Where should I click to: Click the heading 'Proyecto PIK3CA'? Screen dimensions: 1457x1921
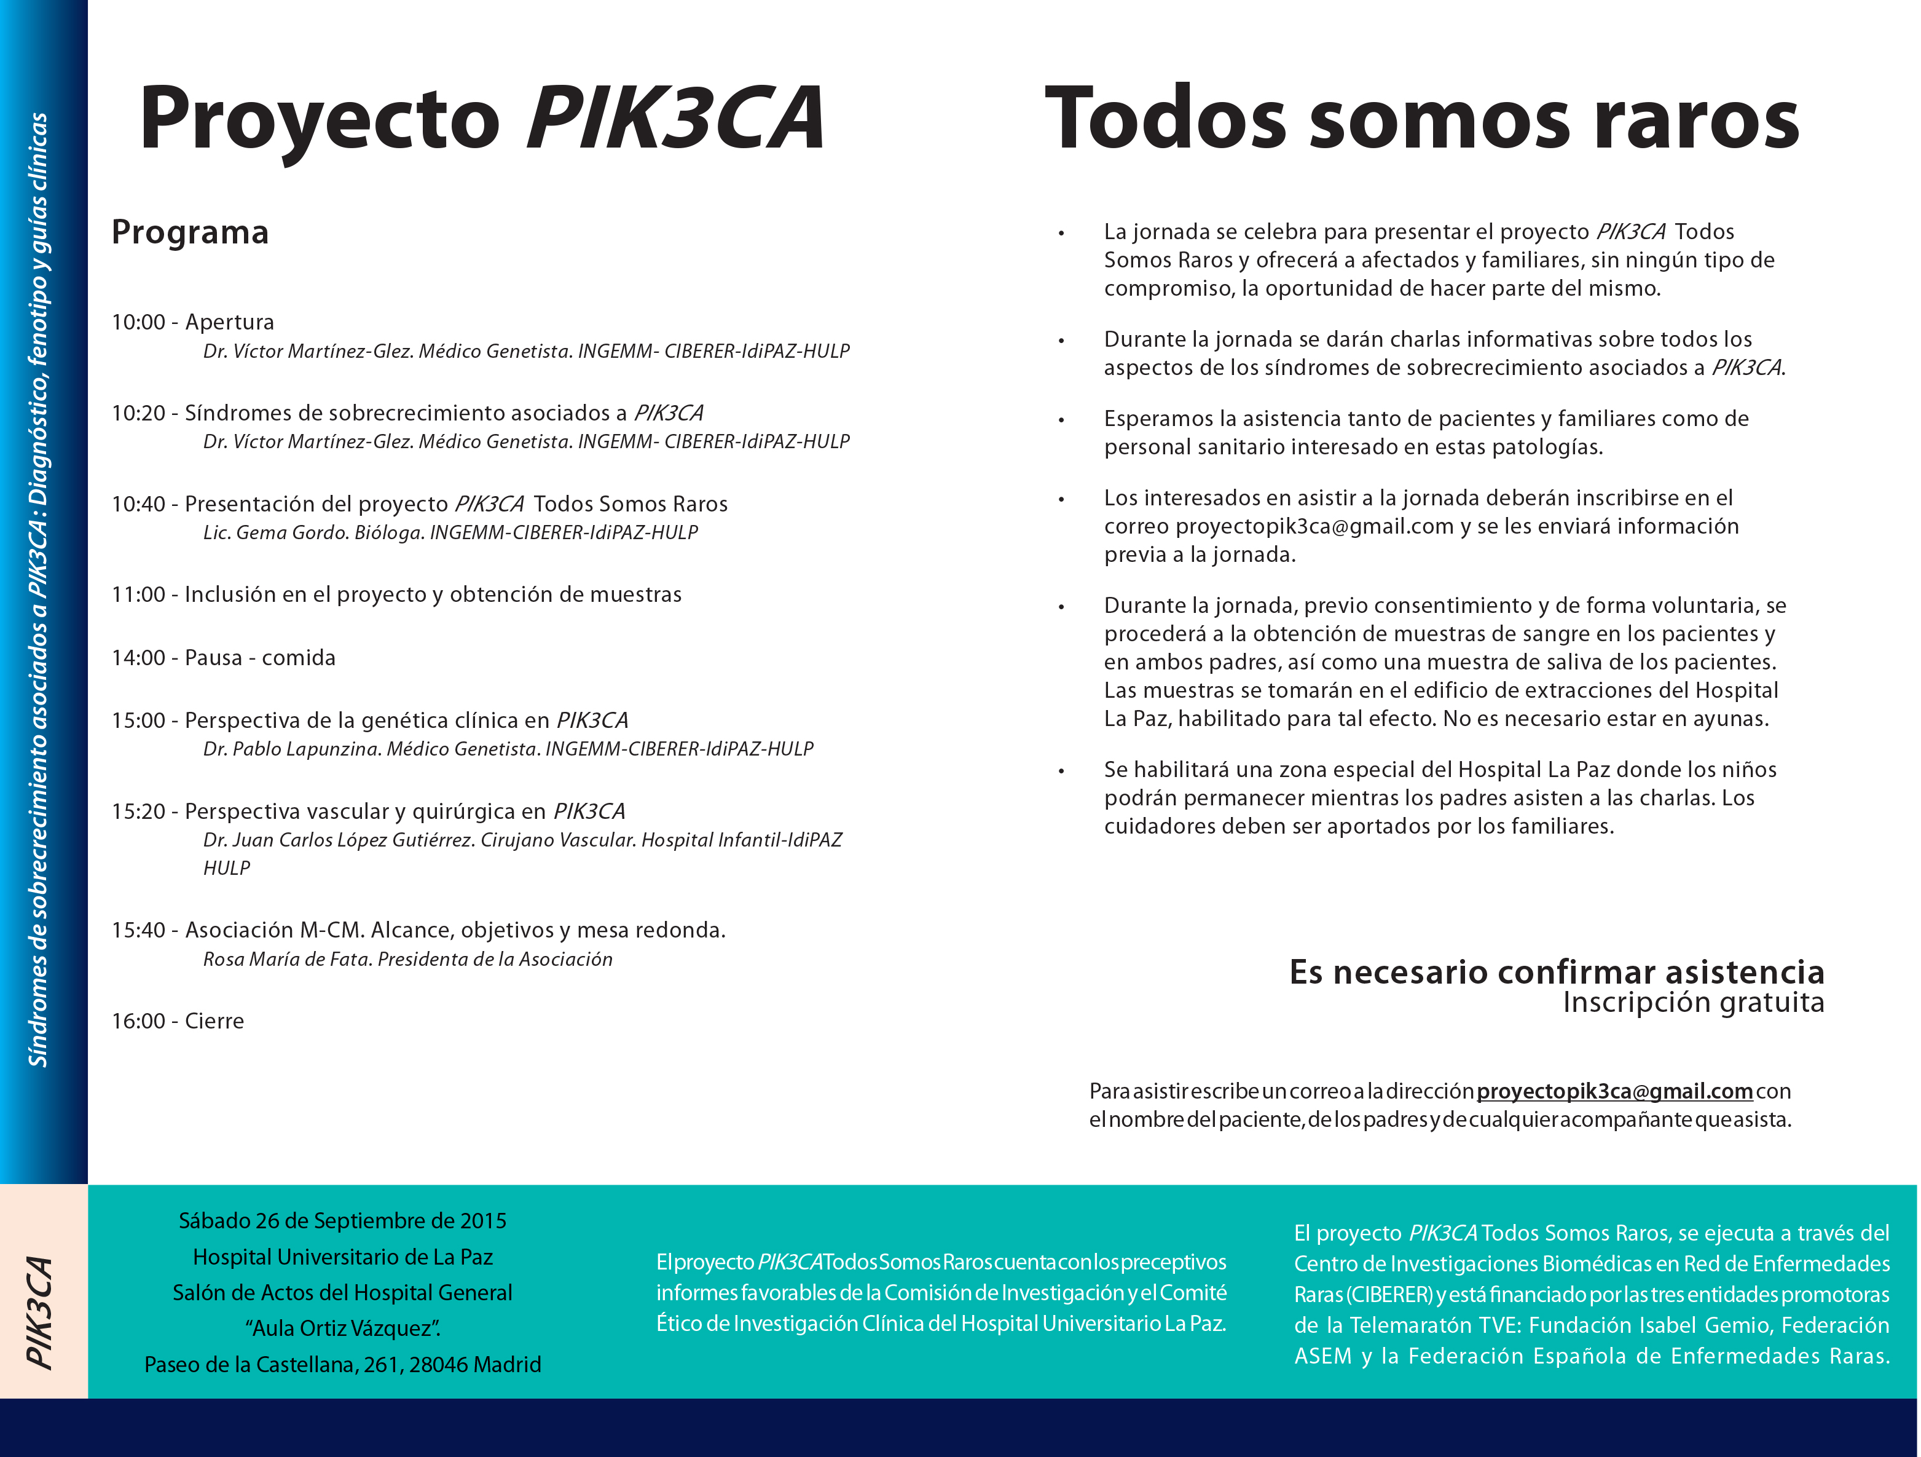coord(481,119)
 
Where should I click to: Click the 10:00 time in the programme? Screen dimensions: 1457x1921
coord(138,322)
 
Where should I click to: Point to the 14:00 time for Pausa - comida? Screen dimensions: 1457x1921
coord(138,658)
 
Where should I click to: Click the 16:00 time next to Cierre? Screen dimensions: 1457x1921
coord(138,1021)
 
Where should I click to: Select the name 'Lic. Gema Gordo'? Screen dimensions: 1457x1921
coord(276,532)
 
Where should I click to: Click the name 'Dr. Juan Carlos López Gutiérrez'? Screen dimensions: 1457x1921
coord(339,840)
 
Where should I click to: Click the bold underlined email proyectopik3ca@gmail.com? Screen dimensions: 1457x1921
coord(1614,1091)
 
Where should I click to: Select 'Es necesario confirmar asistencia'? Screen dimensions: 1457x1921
coord(1556,972)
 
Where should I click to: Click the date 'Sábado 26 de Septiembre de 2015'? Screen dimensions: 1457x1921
coord(342,1221)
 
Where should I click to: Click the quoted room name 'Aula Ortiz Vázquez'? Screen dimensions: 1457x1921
coord(342,1329)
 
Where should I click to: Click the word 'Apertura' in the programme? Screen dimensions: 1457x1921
coord(229,322)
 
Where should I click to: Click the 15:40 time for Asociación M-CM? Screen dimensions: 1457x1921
coord(138,931)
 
